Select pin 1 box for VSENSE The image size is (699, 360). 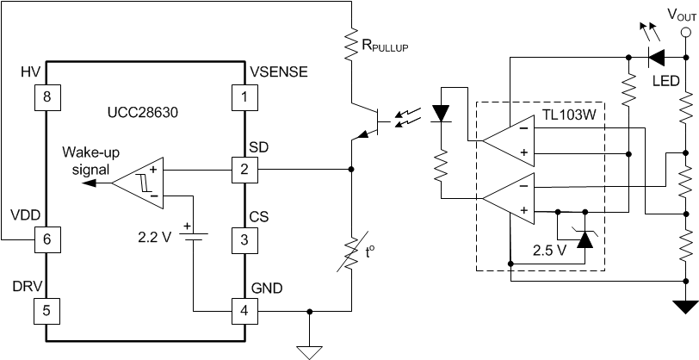coord(245,96)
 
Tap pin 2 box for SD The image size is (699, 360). coord(245,170)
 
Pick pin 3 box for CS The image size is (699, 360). coord(245,240)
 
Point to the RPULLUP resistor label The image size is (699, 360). coord(383,46)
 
